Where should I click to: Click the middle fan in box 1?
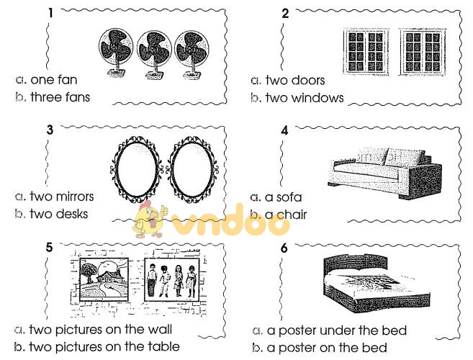pyautogui.click(x=152, y=52)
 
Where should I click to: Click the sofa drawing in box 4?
pyautogui.click(x=384, y=173)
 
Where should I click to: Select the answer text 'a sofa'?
pyautogui.click(x=284, y=197)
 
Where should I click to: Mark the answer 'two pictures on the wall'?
pyautogui.click(x=101, y=330)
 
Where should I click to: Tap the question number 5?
pyautogui.click(x=49, y=247)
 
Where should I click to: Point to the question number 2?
pyautogui.click(x=285, y=13)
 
